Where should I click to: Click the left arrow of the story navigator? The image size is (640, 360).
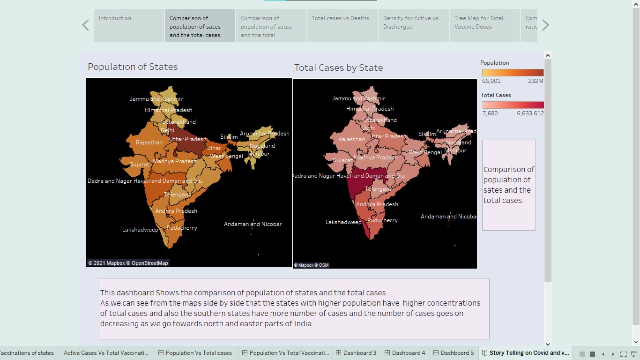(85, 25)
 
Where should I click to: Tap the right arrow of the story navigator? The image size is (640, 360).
(545, 25)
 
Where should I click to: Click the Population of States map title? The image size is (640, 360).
(133, 67)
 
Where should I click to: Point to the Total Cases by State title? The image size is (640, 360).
(338, 68)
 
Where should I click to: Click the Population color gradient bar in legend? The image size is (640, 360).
(513, 73)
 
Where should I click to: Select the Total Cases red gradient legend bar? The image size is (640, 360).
(513, 105)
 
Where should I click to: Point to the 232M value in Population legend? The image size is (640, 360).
(536, 81)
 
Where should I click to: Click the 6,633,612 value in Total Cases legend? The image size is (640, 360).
(530, 113)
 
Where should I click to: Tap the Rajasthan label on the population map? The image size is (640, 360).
(149, 142)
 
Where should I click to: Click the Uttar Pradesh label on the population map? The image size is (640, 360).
(187, 139)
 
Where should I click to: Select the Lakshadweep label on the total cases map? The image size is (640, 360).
(343, 222)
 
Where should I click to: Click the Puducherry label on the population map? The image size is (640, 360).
(182, 228)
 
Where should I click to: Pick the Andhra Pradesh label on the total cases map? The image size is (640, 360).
(377, 204)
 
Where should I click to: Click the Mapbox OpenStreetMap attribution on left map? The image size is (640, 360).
(128, 263)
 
